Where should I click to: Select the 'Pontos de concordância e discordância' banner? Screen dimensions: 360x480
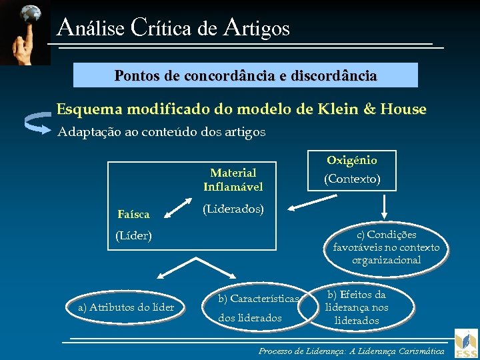(245, 75)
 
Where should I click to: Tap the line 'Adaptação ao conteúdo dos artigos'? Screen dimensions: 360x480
(161, 132)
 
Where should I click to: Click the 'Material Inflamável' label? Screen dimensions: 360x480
(233, 179)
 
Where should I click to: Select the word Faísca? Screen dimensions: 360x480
(133, 215)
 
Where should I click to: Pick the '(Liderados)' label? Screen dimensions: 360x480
(233, 209)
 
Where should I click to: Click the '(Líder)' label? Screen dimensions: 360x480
(133, 235)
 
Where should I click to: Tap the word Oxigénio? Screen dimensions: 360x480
(351, 160)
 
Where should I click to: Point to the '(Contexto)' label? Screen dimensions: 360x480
(351, 179)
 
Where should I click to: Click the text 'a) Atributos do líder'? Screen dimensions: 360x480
(126, 307)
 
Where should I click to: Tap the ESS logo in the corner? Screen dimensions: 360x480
(466, 343)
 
